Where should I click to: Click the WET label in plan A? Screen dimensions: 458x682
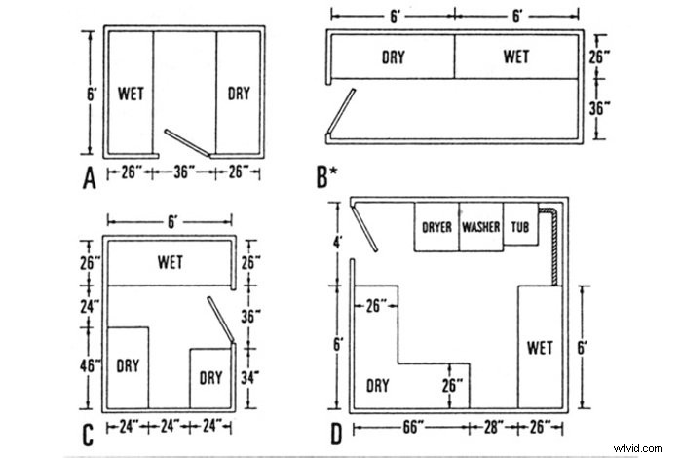(x=131, y=95)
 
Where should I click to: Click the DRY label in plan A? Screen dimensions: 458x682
(x=239, y=95)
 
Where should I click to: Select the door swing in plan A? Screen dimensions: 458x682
(x=187, y=143)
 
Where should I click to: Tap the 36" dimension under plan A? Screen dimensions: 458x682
(x=185, y=172)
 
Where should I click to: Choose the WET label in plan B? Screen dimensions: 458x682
(x=516, y=57)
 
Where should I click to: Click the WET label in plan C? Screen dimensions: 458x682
(x=171, y=261)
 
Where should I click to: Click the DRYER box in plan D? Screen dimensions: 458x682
(x=437, y=228)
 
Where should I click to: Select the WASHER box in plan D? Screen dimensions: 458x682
(x=481, y=228)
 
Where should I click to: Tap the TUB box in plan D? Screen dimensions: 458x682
(x=521, y=228)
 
